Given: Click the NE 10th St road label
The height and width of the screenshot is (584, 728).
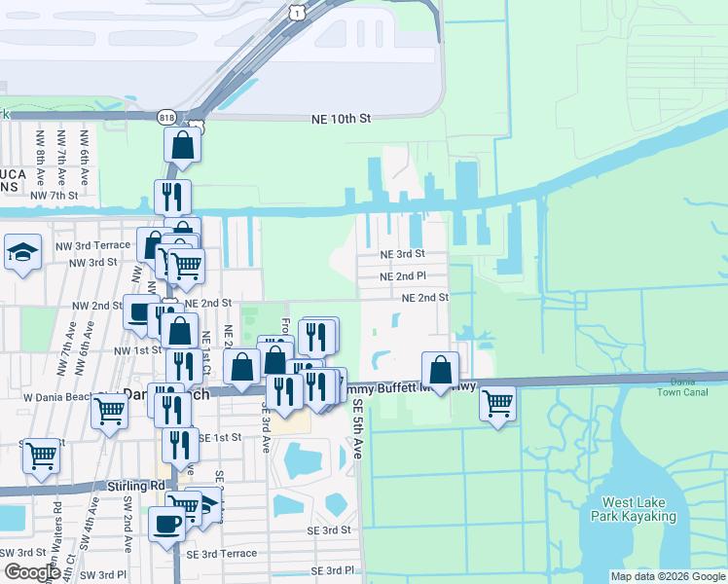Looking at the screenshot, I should click(342, 119).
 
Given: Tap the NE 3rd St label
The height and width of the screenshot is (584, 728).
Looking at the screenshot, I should click(403, 253).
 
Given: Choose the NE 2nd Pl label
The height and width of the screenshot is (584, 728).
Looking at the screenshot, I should click(403, 275).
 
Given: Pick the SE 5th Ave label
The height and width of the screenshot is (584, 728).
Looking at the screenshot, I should click(357, 433).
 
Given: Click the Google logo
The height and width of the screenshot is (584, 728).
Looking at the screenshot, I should click(32, 572).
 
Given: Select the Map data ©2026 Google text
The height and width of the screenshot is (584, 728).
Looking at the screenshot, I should click(667, 576).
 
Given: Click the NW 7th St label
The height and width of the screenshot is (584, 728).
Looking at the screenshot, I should click(54, 196).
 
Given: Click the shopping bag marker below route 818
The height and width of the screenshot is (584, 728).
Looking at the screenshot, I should click(182, 146).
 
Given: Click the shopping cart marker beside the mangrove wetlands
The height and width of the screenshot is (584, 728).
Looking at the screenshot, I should click(497, 401).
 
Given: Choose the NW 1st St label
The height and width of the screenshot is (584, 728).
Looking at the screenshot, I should click(137, 349).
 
